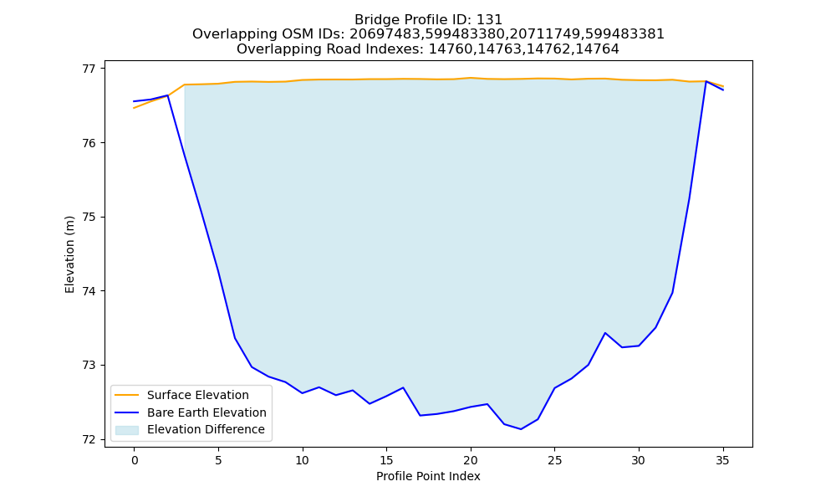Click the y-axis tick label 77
click(89, 69)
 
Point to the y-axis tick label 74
click(89, 291)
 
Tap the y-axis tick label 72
click(89, 439)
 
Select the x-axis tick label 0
click(135, 460)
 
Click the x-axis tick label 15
click(386, 460)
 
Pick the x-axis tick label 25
click(554, 460)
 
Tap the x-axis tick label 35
click(722, 460)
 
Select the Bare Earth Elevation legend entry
click(191, 412)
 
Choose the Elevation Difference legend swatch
click(127, 429)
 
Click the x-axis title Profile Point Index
click(428, 476)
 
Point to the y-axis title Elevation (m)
click(69, 254)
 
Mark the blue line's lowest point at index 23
click(521, 429)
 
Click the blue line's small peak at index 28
click(604, 333)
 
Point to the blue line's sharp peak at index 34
click(706, 82)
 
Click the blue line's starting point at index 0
click(135, 101)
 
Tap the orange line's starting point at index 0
click(135, 108)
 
